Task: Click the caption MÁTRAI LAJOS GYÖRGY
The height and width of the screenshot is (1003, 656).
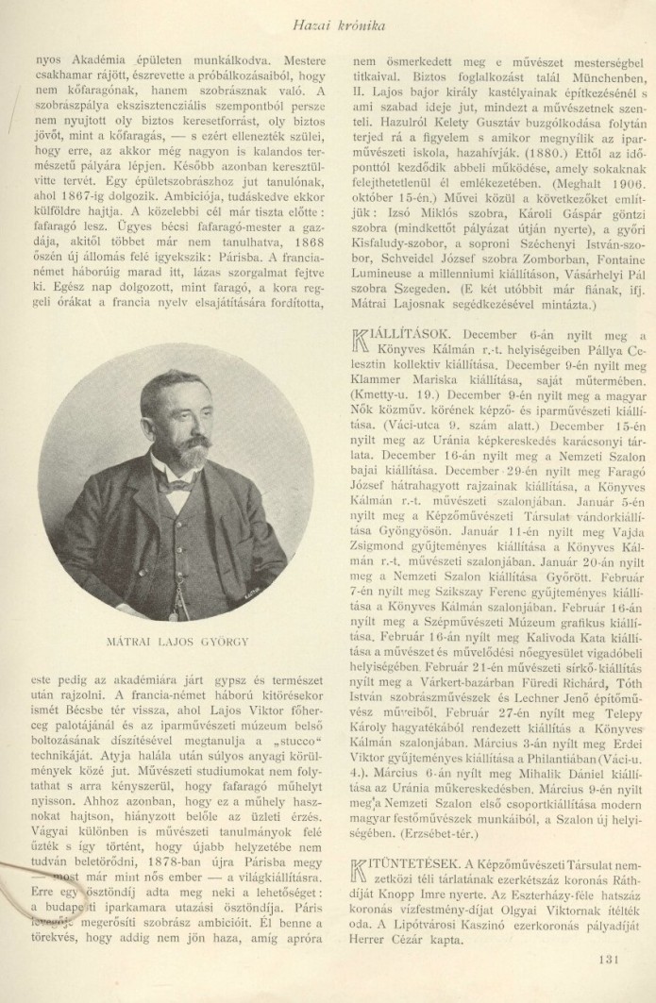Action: [177, 615]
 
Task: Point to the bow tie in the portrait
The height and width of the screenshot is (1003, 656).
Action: [177, 487]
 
